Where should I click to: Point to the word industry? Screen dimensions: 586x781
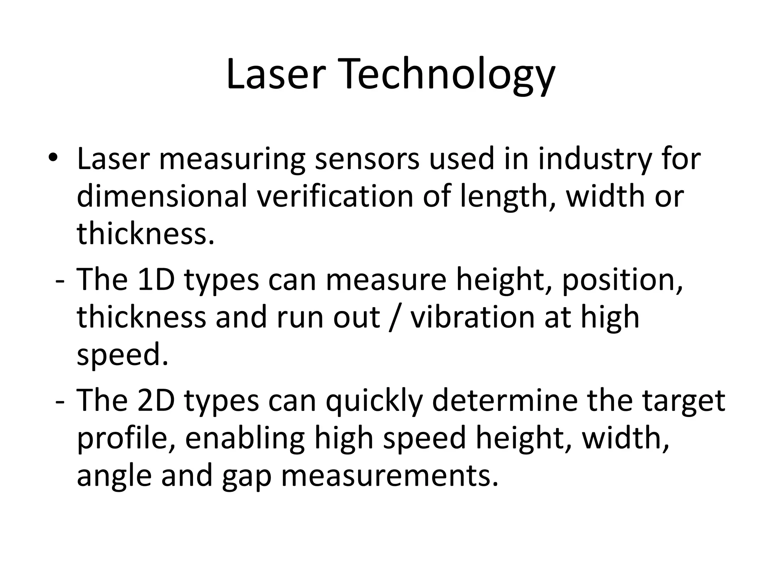click(594, 159)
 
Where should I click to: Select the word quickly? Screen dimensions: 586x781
click(374, 401)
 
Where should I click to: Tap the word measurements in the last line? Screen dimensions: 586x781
click(390, 475)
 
